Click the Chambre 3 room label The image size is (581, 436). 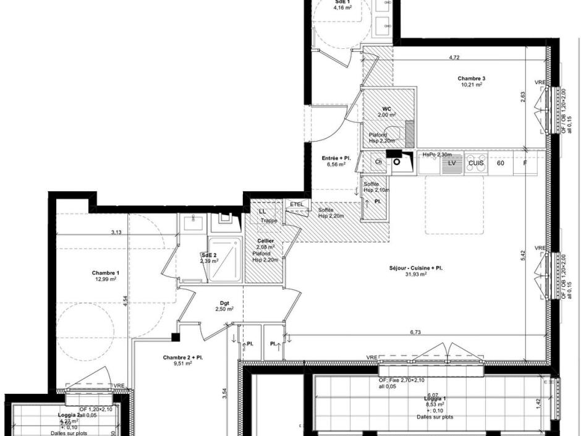pyautogui.click(x=471, y=79)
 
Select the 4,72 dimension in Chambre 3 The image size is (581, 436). pyautogui.click(x=454, y=58)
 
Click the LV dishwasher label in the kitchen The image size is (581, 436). pyautogui.click(x=452, y=163)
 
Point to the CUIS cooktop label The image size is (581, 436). pyautogui.click(x=475, y=163)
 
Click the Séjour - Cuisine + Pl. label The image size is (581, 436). pyautogui.click(x=415, y=268)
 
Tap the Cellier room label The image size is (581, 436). pyautogui.click(x=265, y=240)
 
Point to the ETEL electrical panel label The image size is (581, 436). pyautogui.click(x=297, y=203)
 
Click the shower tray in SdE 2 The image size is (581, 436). pyautogui.click(x=226, y=259)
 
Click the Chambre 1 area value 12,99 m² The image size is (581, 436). pyautogui.click(x=105, y=279)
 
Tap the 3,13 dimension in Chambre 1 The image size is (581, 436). pyautogui.click(x=116, y=233)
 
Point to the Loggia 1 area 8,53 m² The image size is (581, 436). pyautogui.click(x=435, y=404)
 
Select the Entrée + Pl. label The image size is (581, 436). pyautogui.click(x=336, y=158)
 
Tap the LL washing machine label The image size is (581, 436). pyautogui.click(x=262, y=212)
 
